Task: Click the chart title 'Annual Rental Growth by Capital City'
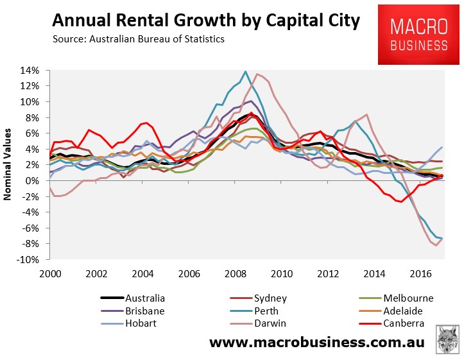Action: (206, 22)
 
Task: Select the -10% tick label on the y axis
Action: (30, 260)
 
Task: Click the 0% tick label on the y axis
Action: (33, 181)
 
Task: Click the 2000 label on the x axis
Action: (51, 273)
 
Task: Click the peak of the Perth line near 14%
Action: (245, 71)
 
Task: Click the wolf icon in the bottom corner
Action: (447, 339)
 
